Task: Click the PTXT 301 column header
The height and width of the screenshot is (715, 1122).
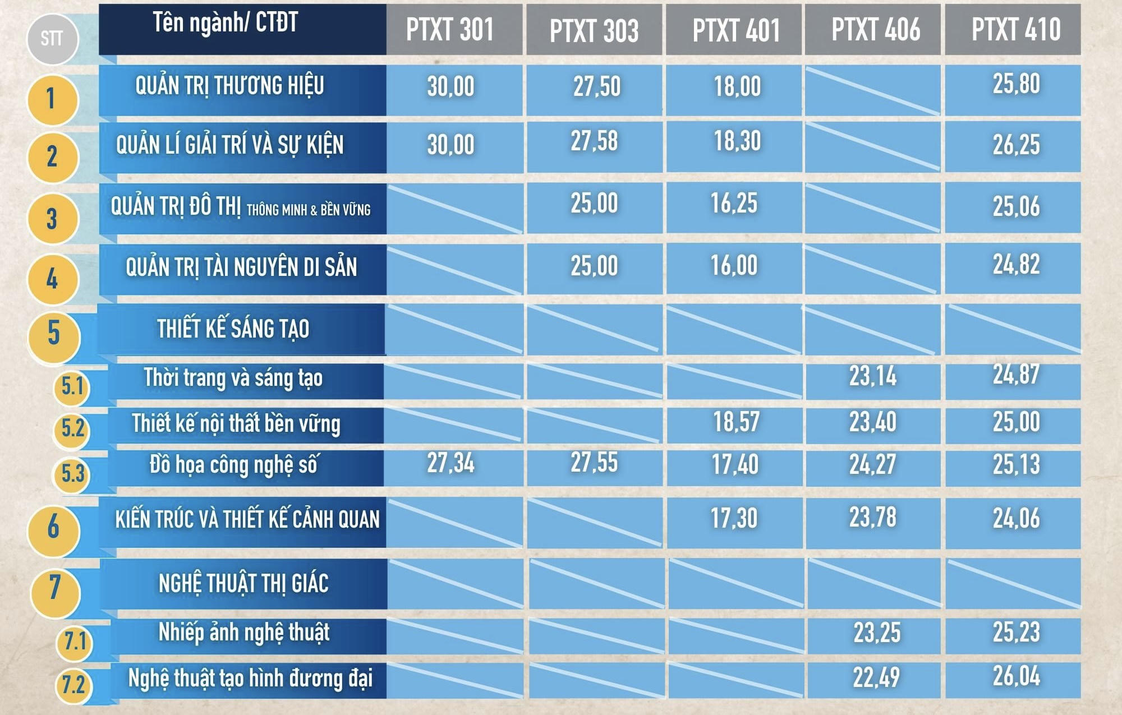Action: [450, 30]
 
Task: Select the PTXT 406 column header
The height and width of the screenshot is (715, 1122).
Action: [876, 30]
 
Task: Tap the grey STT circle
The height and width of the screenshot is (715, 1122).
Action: [52, 39]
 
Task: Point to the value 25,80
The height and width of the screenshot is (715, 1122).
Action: [1016, 84]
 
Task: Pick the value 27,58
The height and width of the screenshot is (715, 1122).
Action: [594, 141]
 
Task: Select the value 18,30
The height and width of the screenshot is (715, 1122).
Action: [737, 141]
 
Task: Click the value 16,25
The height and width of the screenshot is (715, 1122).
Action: [734, 204]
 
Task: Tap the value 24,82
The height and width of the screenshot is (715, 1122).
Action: [1016, 265]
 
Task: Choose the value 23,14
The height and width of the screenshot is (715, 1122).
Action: [872, 376]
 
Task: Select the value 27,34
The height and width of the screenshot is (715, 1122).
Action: [450, 464]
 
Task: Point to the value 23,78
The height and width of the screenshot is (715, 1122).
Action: [872, 518]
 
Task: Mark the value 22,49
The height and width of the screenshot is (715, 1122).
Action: [876, 678]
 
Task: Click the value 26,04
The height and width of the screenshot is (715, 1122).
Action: [1016, 676]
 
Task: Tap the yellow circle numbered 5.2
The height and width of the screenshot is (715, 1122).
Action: [72, 429]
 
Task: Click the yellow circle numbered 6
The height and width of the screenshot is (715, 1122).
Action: [53, 528]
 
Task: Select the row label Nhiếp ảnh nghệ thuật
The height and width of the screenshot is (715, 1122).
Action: [244, 633]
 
